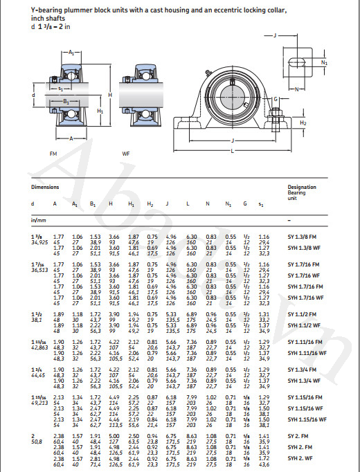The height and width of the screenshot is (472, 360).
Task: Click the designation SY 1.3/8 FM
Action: tap(303, 237)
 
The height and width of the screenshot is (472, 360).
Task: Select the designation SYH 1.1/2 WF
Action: tap(303, 325)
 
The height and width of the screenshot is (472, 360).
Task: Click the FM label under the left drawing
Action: tap(53, 152)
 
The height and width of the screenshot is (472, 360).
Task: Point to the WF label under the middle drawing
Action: tap(126, 152)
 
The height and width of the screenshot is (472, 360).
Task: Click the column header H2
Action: tap(150, 203)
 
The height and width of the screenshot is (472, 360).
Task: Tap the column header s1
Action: tap(261, 203)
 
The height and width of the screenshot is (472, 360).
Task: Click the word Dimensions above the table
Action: tap(45, 187)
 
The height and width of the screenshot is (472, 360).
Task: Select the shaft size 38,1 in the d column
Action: tap(36, 320)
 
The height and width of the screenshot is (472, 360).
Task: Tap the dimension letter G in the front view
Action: tap(276, 99)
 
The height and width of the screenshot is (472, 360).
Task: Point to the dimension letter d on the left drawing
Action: tap(33, 95)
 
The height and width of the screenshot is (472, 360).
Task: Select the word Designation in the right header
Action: tap(302, 187)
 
